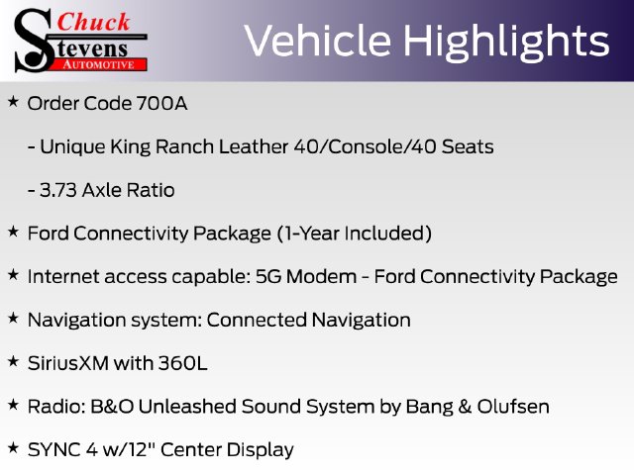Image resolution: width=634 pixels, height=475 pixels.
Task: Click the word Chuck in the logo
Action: point(93,22)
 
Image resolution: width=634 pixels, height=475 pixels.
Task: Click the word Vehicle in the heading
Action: point(318,41)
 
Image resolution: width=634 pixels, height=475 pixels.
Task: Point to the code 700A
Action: point(161,103)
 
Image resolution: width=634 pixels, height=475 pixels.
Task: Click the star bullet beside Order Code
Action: point(13,102)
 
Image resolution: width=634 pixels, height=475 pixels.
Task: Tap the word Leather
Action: point(254,146)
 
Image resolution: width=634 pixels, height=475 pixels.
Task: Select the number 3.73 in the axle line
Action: point(58,190)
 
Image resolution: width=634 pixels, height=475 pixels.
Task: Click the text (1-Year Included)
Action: point(355,234)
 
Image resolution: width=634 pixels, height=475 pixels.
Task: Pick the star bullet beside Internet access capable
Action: point(13,275)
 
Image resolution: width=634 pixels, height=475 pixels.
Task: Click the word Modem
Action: point(321,277)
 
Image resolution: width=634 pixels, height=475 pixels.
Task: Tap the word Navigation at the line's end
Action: point(362,321)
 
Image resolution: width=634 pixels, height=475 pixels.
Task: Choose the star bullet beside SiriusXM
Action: point(13,361)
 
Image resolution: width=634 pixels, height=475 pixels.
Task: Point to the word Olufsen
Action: point(513,407)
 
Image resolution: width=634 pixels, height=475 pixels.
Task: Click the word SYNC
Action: point(54,450)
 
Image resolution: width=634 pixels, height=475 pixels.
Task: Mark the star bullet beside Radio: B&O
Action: point(13,405)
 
